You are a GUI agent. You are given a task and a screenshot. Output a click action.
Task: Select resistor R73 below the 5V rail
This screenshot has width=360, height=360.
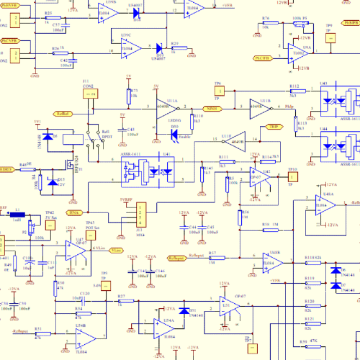[x=127, y=97]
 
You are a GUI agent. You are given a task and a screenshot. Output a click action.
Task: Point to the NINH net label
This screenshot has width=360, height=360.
[x=212, y=108]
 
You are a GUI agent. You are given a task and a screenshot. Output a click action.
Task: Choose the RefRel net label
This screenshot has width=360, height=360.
[x=63, y=114]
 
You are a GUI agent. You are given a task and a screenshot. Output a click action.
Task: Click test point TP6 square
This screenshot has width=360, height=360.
[x=218, y=91]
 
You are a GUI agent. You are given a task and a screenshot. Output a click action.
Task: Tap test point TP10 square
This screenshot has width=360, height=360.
[x=292, y=177]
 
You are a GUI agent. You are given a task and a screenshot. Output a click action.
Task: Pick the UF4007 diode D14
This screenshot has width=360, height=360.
[x=159, y=48]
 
